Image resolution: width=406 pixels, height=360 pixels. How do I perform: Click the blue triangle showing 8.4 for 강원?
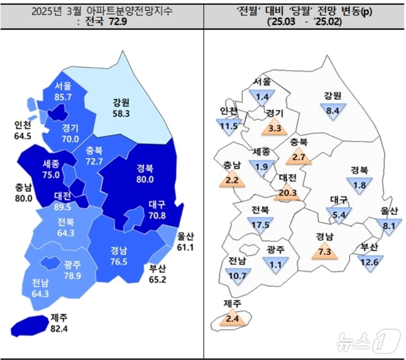point(332,112)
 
